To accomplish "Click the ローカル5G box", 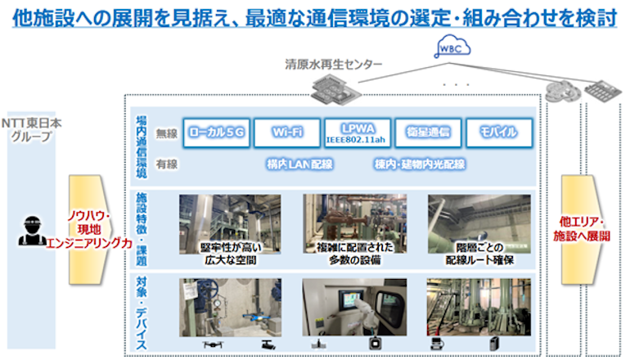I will tap(216, 132).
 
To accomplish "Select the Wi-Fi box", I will tap(284, 132).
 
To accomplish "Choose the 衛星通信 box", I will tap(428, 132).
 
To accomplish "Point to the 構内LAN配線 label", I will tap(299, 164).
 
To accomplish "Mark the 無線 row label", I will tap(167, 133).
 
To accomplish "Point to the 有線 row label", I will tap(167, 164).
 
